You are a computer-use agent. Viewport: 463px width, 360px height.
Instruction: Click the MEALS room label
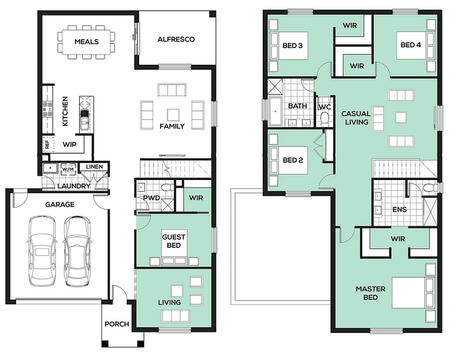[86, 41]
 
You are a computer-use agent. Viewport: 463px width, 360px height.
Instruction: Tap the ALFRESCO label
[176, 39]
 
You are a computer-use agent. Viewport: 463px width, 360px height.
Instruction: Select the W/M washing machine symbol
[68, 169]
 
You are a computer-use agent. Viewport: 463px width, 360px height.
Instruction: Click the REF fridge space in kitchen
[47, 144]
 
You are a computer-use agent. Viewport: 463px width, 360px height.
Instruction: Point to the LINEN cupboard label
[94, 167]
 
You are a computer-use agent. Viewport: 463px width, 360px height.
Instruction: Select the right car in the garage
[77, 251]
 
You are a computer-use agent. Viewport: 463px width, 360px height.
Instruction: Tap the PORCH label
[117, 324]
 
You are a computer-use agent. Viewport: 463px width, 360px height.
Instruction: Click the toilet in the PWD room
[167, 187]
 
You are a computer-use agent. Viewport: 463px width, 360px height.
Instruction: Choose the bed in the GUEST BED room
[174, 247]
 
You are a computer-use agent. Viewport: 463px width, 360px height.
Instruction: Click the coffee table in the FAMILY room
[173, 115]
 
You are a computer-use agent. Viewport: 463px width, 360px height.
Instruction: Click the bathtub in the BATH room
[275, 112]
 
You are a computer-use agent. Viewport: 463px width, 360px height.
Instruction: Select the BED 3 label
[292, 46]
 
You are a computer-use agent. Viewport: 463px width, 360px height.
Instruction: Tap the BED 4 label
[410, 45]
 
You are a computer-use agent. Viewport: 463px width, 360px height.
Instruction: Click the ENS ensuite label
[399, 209]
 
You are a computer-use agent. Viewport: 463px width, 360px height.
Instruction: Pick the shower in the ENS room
[430, 212]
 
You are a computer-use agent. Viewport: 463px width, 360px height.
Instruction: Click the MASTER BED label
[371, 293]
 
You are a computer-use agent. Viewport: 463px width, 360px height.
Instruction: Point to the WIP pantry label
[70, 145]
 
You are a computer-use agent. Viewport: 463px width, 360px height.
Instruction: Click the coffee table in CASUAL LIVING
[401, 117]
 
